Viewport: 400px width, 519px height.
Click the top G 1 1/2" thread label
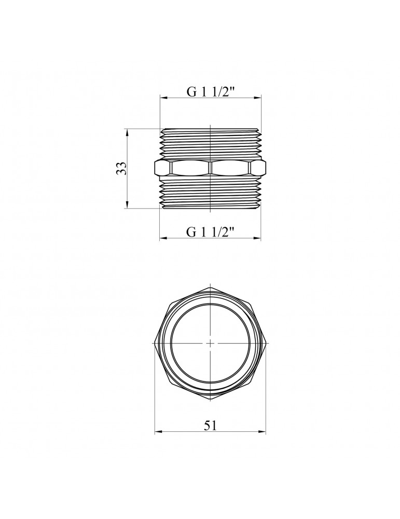(211, 92)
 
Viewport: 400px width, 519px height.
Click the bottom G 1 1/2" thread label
(211, 232)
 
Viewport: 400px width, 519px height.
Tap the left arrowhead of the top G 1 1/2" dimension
(163, 98)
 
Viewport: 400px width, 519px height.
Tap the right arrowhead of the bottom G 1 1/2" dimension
(257, 238)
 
